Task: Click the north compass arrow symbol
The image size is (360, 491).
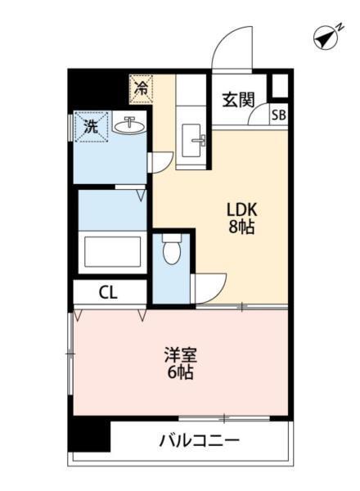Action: tap(328, 38)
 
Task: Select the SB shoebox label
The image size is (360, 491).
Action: tap(279, 115)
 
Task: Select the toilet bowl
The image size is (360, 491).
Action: tap(171, 250)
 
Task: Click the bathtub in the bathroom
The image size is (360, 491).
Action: tap(113, 253)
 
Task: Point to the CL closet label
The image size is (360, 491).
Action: tap(108, 292)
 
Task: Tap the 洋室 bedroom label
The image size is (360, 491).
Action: tap(181, 356)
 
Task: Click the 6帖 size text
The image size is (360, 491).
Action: tap(181, 375)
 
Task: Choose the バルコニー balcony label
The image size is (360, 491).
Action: tap(199, 440)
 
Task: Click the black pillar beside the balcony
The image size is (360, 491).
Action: tap(89, 434)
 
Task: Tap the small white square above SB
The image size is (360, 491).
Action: tap(280, 86)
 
